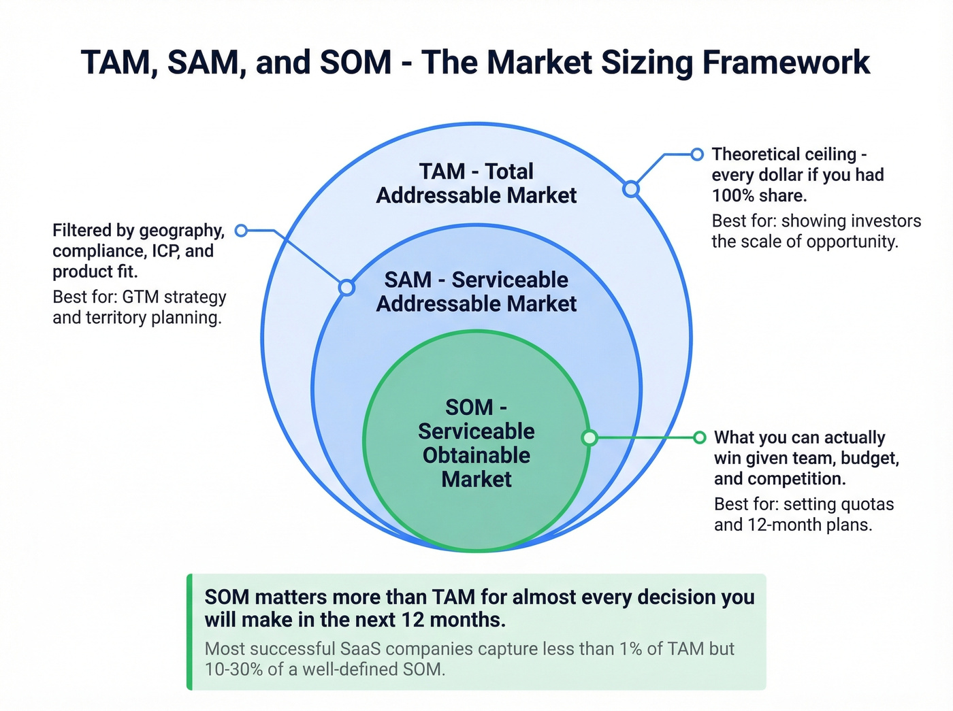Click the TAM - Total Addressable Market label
coord(476,183)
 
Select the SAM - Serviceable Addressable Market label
coord(476,291)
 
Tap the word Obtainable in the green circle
coord(476,455)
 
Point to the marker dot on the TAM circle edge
coord(631,188)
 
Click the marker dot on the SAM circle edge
coord(346,287)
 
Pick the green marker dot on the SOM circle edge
coord(589,437)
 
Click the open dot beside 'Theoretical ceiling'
coord(696,154)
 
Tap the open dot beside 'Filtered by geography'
coord(241,231)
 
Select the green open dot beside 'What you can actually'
coord(699,437)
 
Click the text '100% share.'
coord(759,196)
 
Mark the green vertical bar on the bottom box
coord(190,632)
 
